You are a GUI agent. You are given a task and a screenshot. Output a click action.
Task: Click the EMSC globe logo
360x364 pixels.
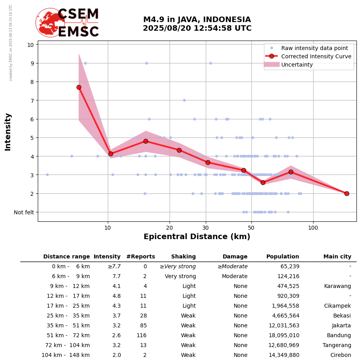coord(50,23)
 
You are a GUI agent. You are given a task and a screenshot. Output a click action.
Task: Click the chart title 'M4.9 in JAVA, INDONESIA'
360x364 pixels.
coord(197,20)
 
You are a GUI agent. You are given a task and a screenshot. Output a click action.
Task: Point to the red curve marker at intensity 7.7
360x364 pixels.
coord(79,87)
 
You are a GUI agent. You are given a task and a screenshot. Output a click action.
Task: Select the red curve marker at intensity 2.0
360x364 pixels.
coord(347,193)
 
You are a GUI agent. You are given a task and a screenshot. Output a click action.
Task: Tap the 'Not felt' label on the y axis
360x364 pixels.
coord(24,212)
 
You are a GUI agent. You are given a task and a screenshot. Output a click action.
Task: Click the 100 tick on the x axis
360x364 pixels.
coord(313,228)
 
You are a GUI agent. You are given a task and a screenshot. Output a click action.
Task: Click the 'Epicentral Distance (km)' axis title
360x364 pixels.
coord(197,237)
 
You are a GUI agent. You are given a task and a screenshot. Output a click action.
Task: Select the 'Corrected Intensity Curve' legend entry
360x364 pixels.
coord(316,56)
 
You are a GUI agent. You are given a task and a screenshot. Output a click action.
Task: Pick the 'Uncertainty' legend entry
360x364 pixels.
coord(297,65)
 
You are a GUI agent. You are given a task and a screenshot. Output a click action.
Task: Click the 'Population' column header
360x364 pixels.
coord(282,257)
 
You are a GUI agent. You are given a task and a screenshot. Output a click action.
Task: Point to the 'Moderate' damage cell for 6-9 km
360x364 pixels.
coord(234,277)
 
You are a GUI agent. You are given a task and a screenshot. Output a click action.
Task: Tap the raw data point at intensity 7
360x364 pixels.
coord(184,100)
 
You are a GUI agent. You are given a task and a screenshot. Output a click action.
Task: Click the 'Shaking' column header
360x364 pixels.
coord(183,257)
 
